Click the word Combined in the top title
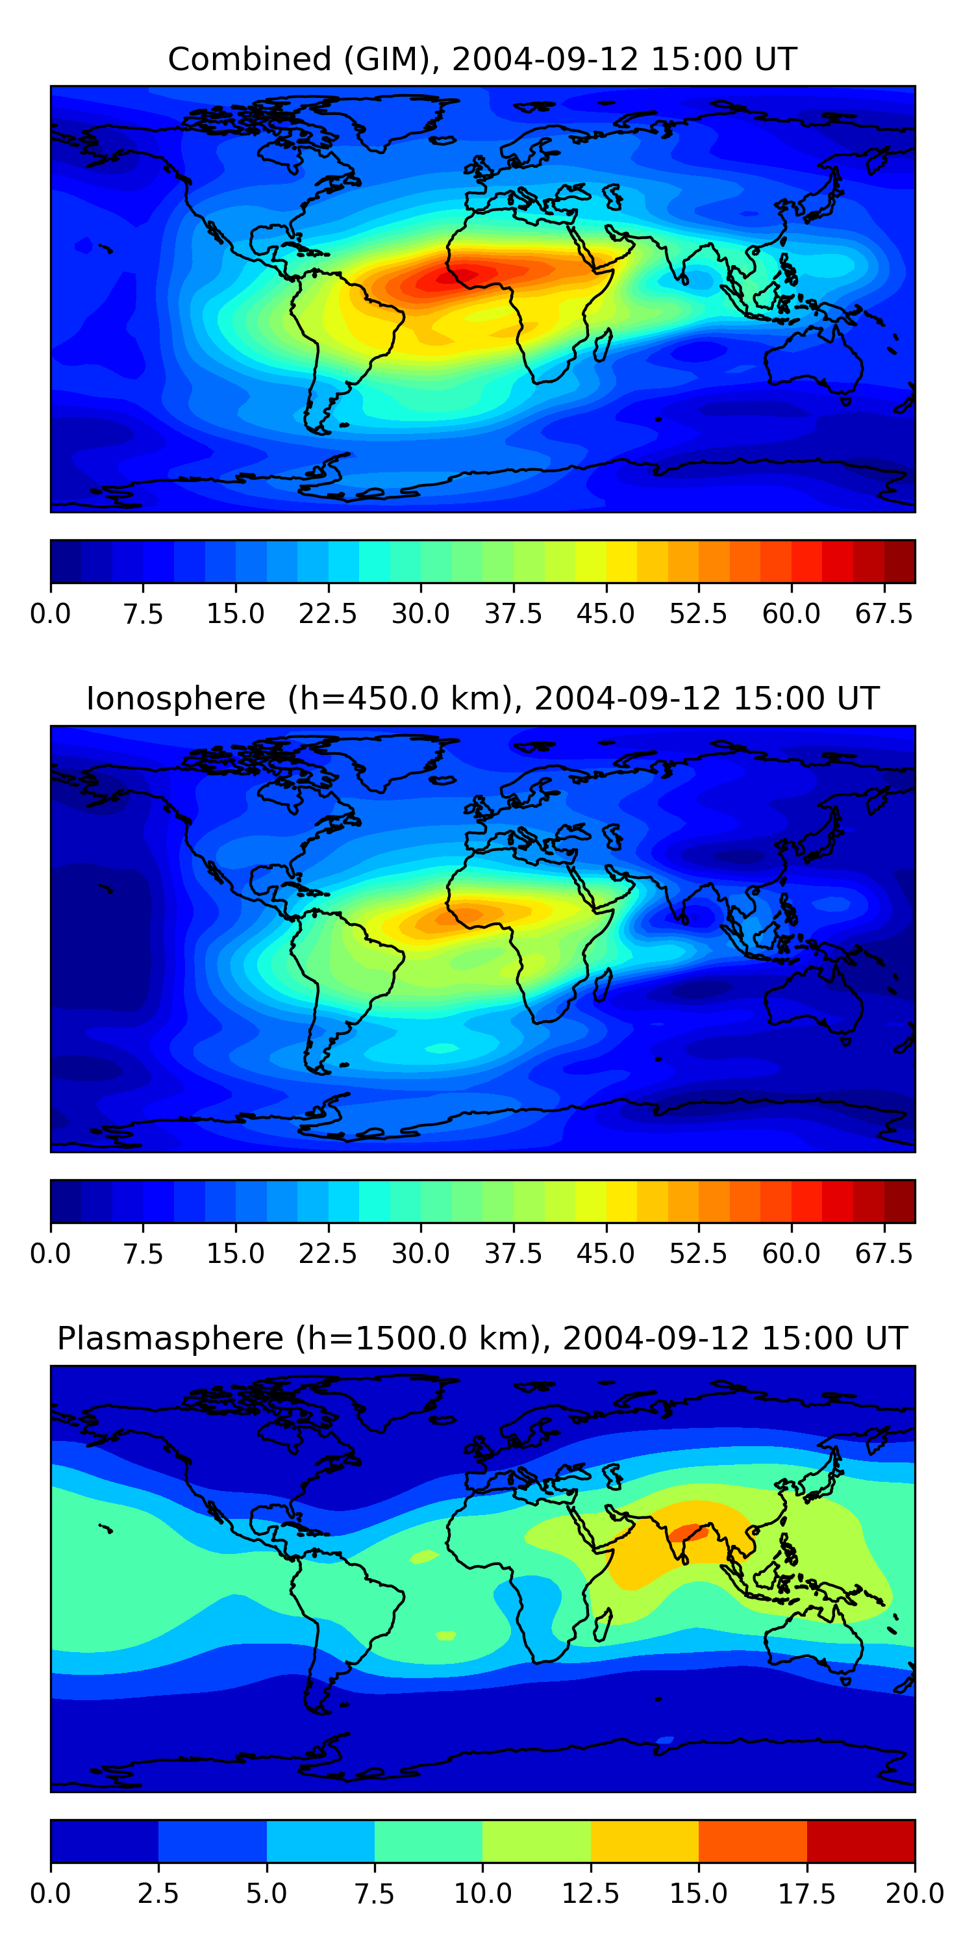click(249, 59)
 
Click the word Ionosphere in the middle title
click(175, 698)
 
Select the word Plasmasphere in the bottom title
click(170, 1338)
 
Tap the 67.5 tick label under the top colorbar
click(884, 613)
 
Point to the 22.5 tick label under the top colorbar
click(327, 613)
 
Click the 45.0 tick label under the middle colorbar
click(606, 1254)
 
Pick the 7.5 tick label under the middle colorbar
click(143, 1254)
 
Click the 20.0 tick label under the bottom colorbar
click(914, 1894)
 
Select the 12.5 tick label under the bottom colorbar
click(591, 1894)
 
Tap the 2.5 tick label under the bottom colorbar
click(158, 1894)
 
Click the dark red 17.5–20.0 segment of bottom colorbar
click(860, 1841)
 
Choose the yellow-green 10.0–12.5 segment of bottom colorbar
click(536, 1841)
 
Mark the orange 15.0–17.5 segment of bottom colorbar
click(753, 1841)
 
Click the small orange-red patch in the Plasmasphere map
click(688, 1534)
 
